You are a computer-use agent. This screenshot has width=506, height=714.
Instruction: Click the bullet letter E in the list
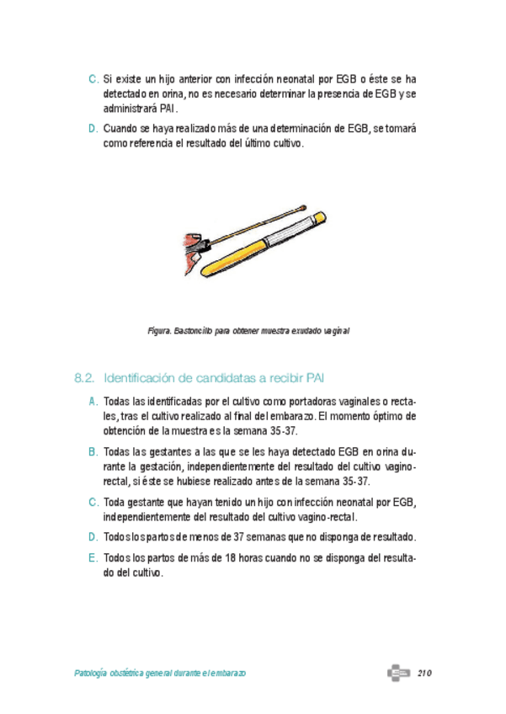(x=93, y=558)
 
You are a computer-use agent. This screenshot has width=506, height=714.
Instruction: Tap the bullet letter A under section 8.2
(x=93, y=402)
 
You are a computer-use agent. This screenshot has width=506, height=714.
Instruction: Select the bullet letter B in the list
(x=93, y=452)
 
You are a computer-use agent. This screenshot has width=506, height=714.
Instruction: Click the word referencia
(x=151, y=144)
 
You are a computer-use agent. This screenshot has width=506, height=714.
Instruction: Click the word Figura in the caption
(x=159, y=331)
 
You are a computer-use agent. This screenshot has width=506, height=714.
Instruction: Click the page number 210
(x=423, y=674)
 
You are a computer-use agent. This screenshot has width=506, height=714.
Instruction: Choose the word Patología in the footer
(x=94, y=674)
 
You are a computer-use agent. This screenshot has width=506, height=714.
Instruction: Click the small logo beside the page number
(x=398, y=674)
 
